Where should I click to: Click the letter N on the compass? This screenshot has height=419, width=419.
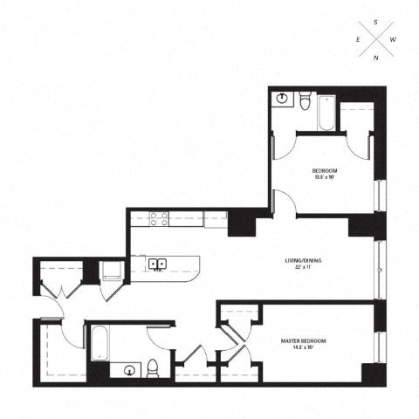tap(375, 58)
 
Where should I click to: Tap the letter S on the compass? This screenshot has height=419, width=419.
tap(375, 20)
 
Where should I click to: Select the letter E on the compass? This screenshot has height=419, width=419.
tap(357, 39)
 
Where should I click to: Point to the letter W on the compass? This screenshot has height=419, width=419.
tap(395, 39)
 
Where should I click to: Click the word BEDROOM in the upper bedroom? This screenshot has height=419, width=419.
tap(325, 170)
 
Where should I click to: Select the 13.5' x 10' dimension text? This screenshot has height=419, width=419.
tap(325, 177)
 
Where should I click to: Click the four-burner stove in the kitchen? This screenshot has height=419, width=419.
tap(158, 219)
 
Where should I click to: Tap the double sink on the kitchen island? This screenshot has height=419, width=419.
tap(158, 263)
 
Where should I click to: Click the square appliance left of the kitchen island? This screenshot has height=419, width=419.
tap(111, 271)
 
